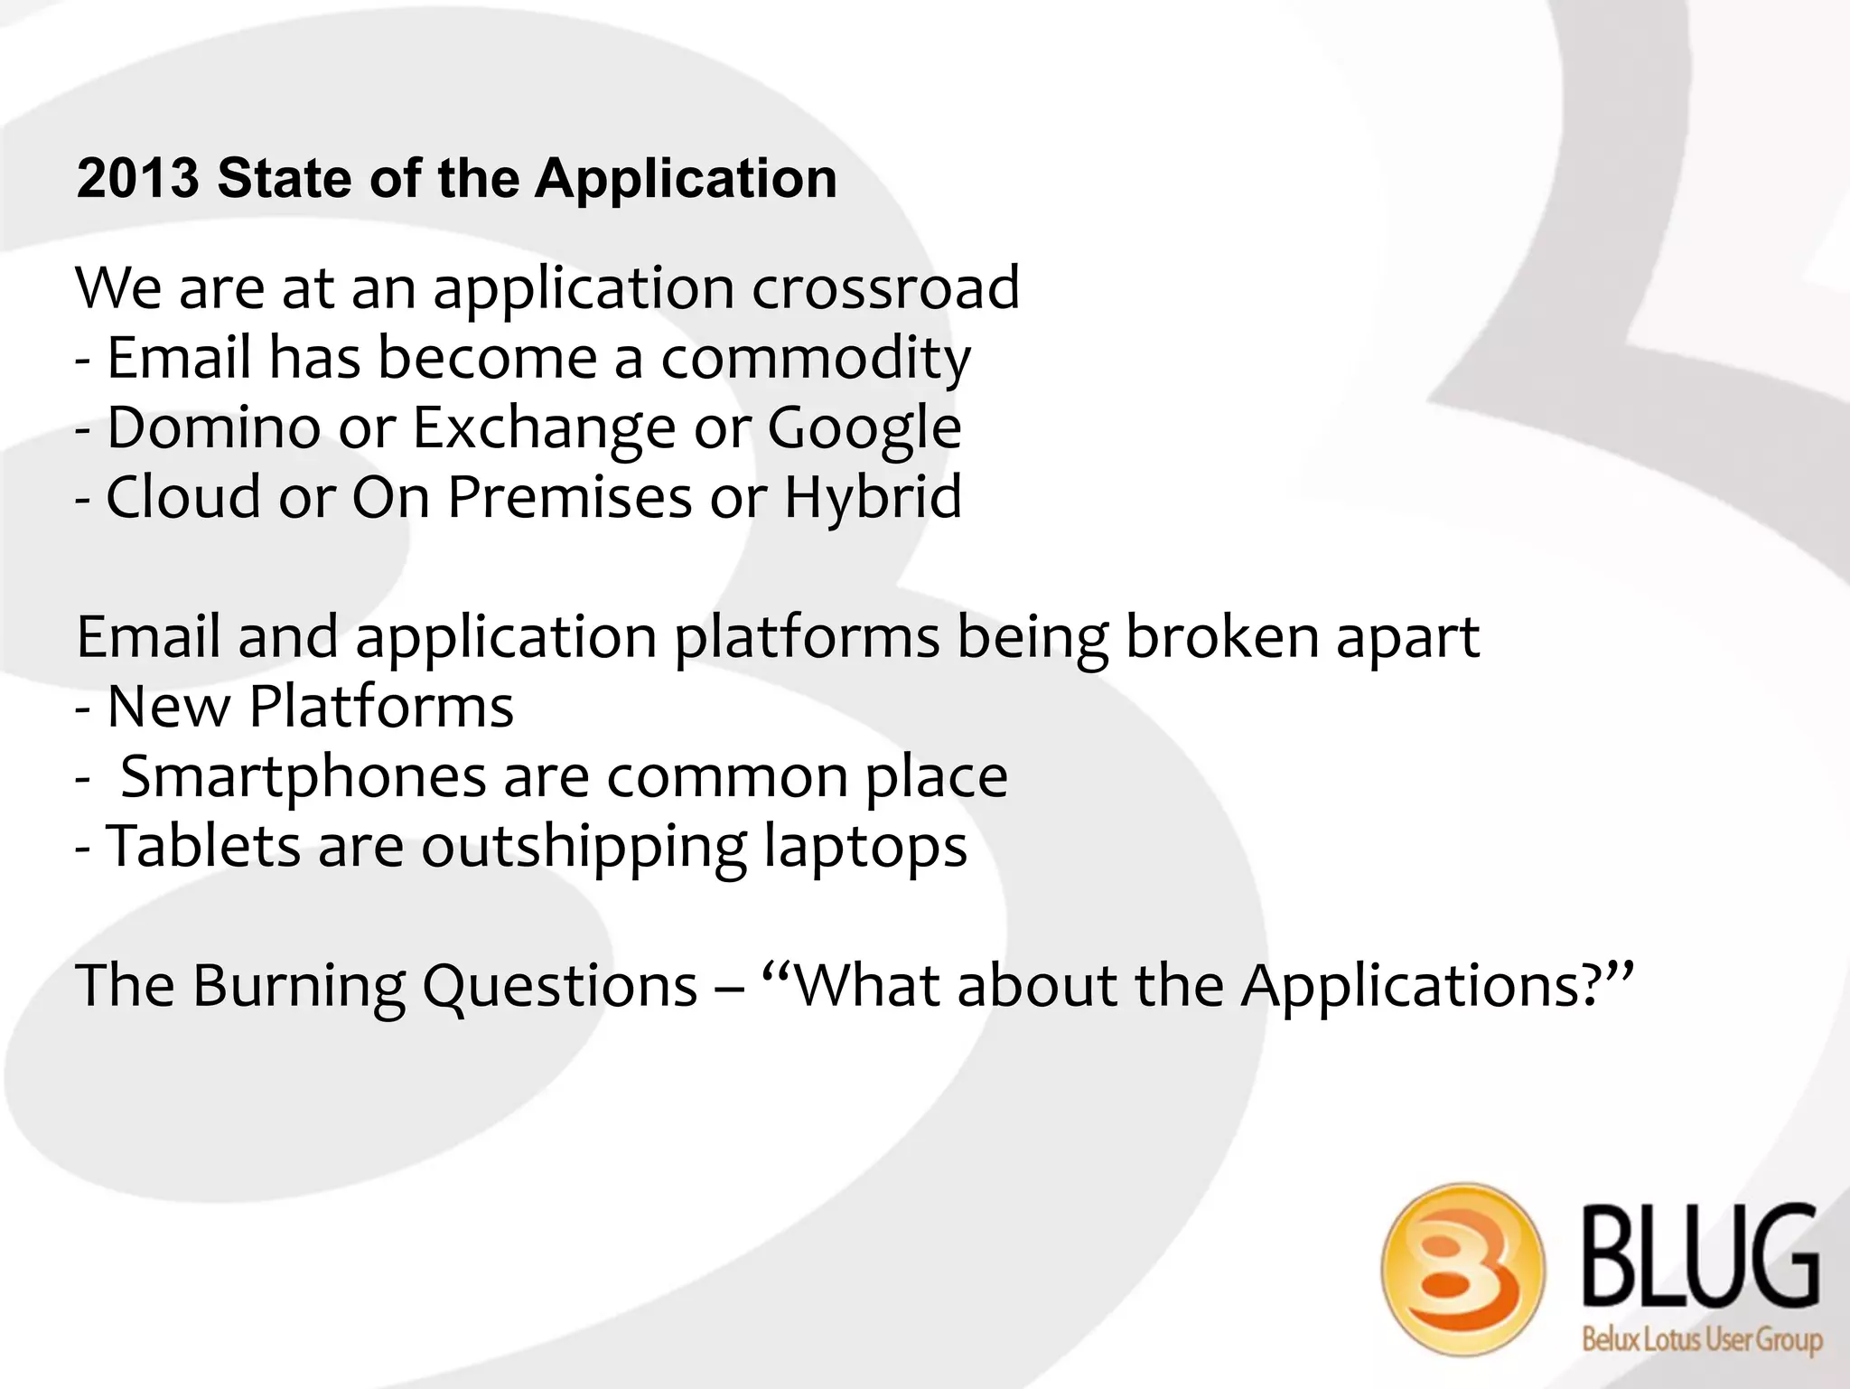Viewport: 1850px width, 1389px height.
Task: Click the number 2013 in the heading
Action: [x=137, y=178]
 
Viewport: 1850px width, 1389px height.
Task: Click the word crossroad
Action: [x=885, y=287]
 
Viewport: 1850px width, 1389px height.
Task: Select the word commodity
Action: [x=815, y=358]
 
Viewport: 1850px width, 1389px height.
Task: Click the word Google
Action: [x=864, y=428]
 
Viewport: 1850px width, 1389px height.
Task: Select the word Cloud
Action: [x=183, y=497]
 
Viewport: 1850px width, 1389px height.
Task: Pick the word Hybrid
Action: [x=872, y=499]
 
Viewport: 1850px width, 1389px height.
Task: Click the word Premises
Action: [x=570, y=497]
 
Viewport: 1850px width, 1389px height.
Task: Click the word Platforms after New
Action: [x=380, y=706]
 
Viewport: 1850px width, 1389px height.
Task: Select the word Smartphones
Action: [x=304, y=777]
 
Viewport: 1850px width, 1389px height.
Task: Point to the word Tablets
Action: [x=203, y=846]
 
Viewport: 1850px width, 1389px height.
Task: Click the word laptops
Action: [x=864, y=848]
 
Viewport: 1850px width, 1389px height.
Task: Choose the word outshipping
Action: [x=584, y=848]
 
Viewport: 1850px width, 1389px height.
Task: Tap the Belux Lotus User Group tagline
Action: [x=1701, y=1338]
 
